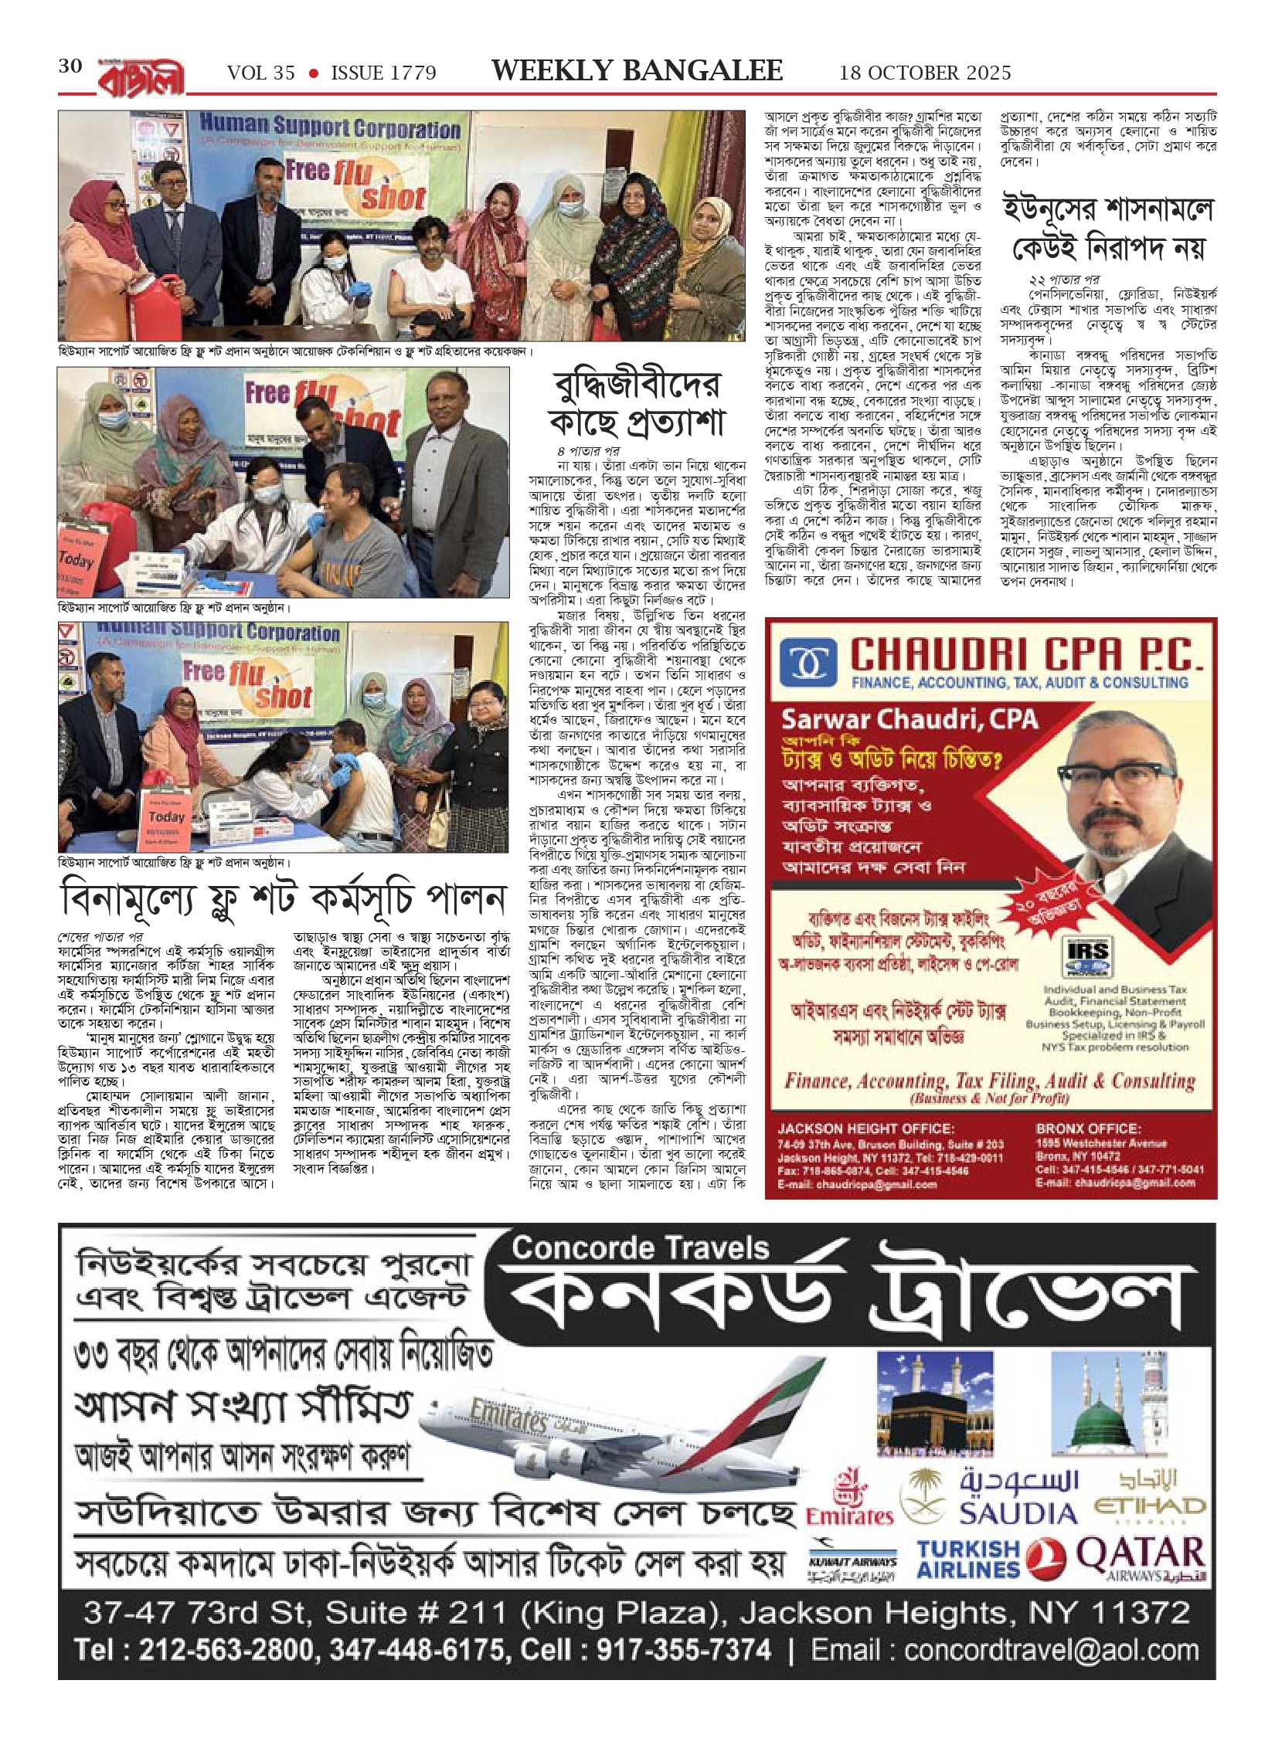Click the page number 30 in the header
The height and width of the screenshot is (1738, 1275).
click(70, 66)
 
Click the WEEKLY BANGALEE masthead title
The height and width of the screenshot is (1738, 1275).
click(637, 71)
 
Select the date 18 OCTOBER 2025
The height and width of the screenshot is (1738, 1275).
click(925, 73)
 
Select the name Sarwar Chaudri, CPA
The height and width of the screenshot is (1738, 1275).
click(909, 719)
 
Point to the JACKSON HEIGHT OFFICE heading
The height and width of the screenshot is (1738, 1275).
click(865, 1129)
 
